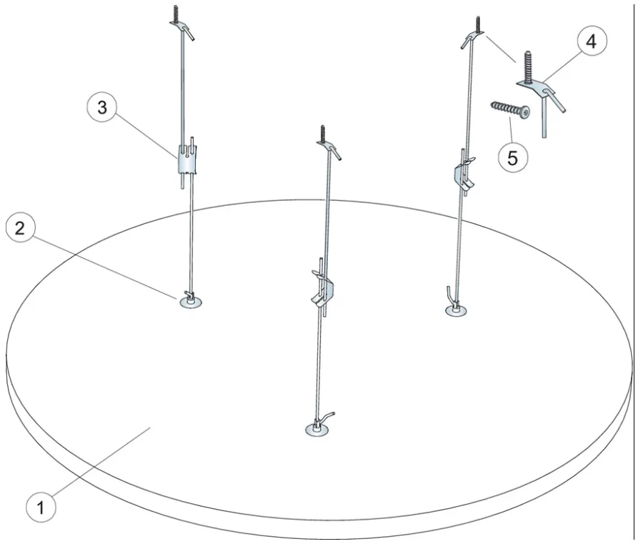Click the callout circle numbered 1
coord(41,508)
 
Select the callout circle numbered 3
coord(101,107)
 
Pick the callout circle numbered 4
coord(592,41)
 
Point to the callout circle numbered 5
coord(513,157)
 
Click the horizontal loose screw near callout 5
coord(511,109)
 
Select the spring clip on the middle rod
coord(323,287)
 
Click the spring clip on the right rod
coord(464,173)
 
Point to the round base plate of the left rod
coord(191,302)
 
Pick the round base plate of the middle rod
coord(317,429)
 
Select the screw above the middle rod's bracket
coord(324,133)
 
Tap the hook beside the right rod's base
coord(450,296)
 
